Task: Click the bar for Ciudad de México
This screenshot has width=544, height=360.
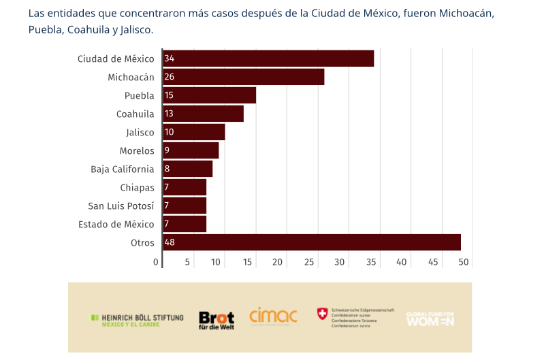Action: [x=268, y=59]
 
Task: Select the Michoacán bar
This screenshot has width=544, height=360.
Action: [x=243, y=77]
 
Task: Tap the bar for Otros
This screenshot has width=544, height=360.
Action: [x=312, y=242]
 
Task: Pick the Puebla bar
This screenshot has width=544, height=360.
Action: [x=209, y=95]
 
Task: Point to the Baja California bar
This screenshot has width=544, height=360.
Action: [x=187, y=169]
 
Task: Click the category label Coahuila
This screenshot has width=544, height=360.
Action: [x=135, y=114]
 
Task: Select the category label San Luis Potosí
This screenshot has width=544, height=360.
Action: [x=121, y=206]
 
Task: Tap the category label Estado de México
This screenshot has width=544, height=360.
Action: [x=116, y=224]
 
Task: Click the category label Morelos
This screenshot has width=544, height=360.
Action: [x=137, y=150]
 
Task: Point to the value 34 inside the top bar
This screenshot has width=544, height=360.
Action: [x=170, y=59]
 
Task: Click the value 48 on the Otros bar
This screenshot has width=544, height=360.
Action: [x=170, y=242]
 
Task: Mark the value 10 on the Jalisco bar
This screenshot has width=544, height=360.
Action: [x=170, y=132]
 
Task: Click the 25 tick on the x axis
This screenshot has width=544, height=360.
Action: [x=309, y=262]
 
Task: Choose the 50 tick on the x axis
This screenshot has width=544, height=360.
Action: [x=464, y=262]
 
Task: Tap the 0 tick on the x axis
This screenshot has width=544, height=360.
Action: [x=156, y=262]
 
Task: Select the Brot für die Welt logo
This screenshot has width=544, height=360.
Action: [x=217, y=319]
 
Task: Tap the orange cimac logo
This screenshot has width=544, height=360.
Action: [x=273, y=316]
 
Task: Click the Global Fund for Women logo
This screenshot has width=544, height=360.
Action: [x=430, y=318]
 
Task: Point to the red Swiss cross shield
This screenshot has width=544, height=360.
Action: [x=322, y=314]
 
